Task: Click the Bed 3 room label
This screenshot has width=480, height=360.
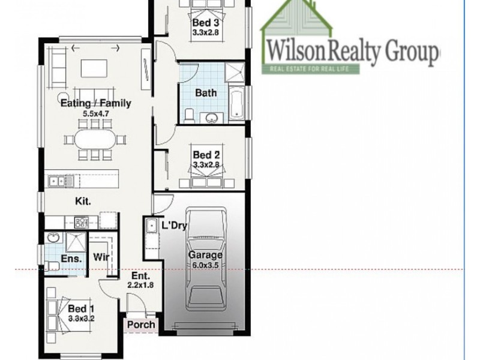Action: click(202, 23)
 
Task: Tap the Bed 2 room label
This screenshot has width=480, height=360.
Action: click(203, 155)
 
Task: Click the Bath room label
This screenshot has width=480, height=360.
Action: click(206, 93)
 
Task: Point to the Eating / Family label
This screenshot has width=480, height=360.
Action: click(96, 103)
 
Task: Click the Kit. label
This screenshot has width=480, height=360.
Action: click(83, 202)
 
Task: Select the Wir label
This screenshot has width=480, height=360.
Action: click(100, 259)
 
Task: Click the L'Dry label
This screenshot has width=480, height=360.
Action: click(173, 226)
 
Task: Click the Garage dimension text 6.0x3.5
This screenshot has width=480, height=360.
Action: click(206, 265)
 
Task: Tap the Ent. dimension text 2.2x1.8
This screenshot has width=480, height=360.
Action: click(141, 285)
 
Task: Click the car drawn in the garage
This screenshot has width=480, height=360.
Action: click(206, 263)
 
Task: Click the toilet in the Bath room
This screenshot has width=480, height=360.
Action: click(189, 114)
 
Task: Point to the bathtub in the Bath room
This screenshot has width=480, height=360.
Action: click(235, 102)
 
